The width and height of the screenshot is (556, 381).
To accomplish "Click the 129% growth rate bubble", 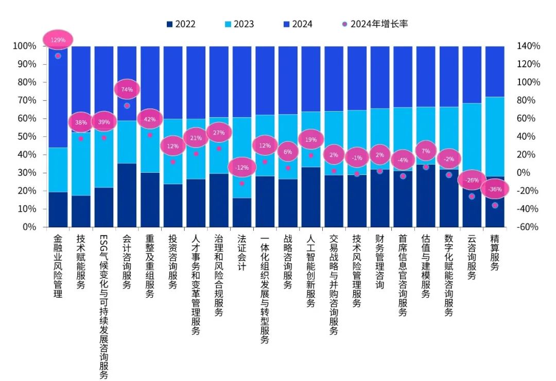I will coord(58,40).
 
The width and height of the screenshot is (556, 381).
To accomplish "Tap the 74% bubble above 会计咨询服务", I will coord(127,89).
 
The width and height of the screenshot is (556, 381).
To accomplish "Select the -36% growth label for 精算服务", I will coord(495,189).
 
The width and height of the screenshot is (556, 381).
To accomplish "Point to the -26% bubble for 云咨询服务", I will coord(472,180).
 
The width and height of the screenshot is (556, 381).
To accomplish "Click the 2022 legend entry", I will coord(181,24).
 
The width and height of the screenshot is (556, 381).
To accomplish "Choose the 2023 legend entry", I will coord(239,24).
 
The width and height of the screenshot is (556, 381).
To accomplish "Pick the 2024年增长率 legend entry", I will coord(375,24).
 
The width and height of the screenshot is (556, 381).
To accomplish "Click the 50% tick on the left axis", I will coord(24,137).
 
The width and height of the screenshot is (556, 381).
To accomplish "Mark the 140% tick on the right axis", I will coord(529,46).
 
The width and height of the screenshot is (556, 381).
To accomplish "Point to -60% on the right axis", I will coord(529,227).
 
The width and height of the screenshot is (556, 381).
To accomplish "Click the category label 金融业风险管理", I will coord(58,266).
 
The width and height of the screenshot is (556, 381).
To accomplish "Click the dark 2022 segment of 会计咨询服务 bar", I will coord(127,195).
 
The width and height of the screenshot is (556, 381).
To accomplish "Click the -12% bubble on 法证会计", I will coord(242,167).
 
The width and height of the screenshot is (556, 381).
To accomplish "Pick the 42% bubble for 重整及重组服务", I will coord(150,119).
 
